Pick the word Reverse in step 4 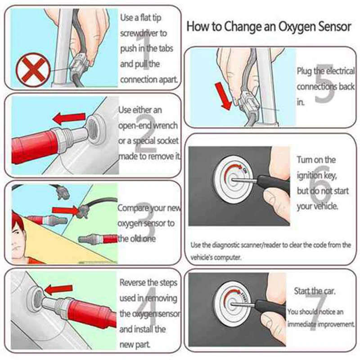[x=133, y=283]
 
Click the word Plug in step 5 [x=304, y=72]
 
